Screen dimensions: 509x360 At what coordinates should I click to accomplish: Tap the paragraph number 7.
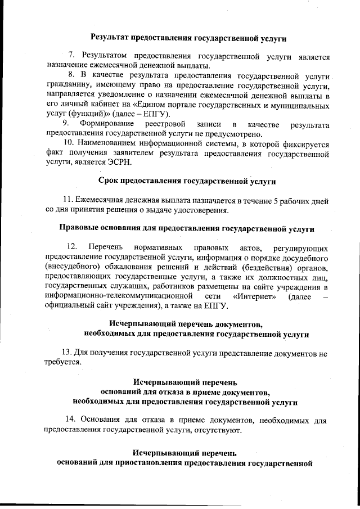(x=71, y=57)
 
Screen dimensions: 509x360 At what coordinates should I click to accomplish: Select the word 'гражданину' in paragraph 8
(x=64, y=84)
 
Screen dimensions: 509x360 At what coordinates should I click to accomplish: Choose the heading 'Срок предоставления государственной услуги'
(x=188, y=181)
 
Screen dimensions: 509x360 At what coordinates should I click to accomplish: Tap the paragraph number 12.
(x=72, y=247)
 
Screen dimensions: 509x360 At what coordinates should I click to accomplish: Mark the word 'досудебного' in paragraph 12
(x=302, y=257)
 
